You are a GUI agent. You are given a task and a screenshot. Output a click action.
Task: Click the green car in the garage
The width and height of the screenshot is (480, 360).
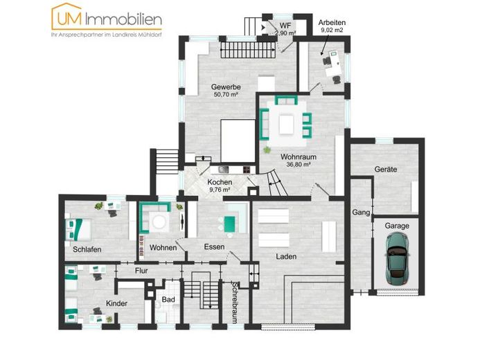[x=397, y=258]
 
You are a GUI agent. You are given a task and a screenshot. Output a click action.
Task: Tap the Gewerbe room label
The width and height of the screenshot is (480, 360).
[x=226, y=87]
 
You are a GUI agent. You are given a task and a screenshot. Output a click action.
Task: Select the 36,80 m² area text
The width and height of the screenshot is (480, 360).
[x=299, y=164]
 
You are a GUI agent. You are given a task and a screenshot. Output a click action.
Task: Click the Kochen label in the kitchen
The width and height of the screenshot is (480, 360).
[x=220, y=182]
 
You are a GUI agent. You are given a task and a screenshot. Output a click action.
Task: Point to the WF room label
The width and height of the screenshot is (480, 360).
[x=285, y=25]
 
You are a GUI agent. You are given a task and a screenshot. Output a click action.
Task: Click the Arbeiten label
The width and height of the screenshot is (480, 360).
[x=332, y=22]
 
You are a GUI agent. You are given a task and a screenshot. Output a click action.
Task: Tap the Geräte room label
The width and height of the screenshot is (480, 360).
[x=385, y=169]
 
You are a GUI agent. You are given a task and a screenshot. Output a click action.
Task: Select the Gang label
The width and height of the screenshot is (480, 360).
[x=361, y=213]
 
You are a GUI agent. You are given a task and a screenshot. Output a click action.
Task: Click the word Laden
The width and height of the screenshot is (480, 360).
[x=286, y=257]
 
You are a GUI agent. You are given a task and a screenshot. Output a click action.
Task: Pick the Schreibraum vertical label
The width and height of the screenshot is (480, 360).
[x=235, y=302]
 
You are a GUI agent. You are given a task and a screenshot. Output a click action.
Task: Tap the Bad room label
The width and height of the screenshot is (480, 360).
[x=168, y=300]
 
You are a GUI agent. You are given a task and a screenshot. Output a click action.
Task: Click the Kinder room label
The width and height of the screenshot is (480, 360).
[x=116, y=303]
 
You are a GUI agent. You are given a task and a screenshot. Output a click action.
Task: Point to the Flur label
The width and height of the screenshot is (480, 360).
[x=141, y=271]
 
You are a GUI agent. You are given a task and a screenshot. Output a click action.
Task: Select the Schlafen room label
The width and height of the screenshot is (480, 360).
[x=87, y=250]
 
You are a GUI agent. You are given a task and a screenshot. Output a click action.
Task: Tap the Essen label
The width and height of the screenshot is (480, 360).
[x=214, y=247]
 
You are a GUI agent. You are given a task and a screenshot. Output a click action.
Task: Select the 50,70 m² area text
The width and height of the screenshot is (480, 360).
[x=226, y=95]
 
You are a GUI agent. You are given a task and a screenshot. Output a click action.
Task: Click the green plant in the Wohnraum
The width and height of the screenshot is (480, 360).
[x=267, y=150]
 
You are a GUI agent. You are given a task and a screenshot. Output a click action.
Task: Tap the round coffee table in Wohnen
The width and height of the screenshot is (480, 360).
[x=159, y=222]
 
